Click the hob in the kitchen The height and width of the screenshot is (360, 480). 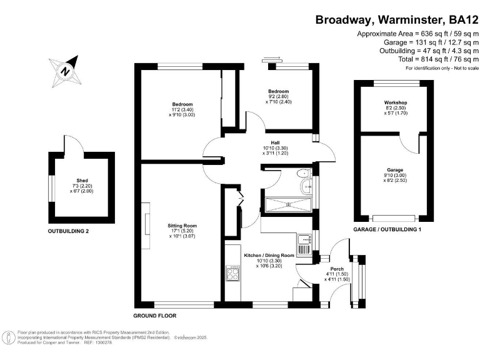(232, 273)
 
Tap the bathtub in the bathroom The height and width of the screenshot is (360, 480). (288, 205)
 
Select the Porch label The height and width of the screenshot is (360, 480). (335, 269)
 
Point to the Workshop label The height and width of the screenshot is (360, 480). (395, 102)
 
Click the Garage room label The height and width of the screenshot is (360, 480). (394, 169)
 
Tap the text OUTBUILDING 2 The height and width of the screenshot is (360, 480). (69, 231)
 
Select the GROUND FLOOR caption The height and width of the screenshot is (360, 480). (155, 316)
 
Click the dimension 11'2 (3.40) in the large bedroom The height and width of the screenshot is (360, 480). (182, 109)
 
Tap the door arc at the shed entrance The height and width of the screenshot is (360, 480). (75, 144)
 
